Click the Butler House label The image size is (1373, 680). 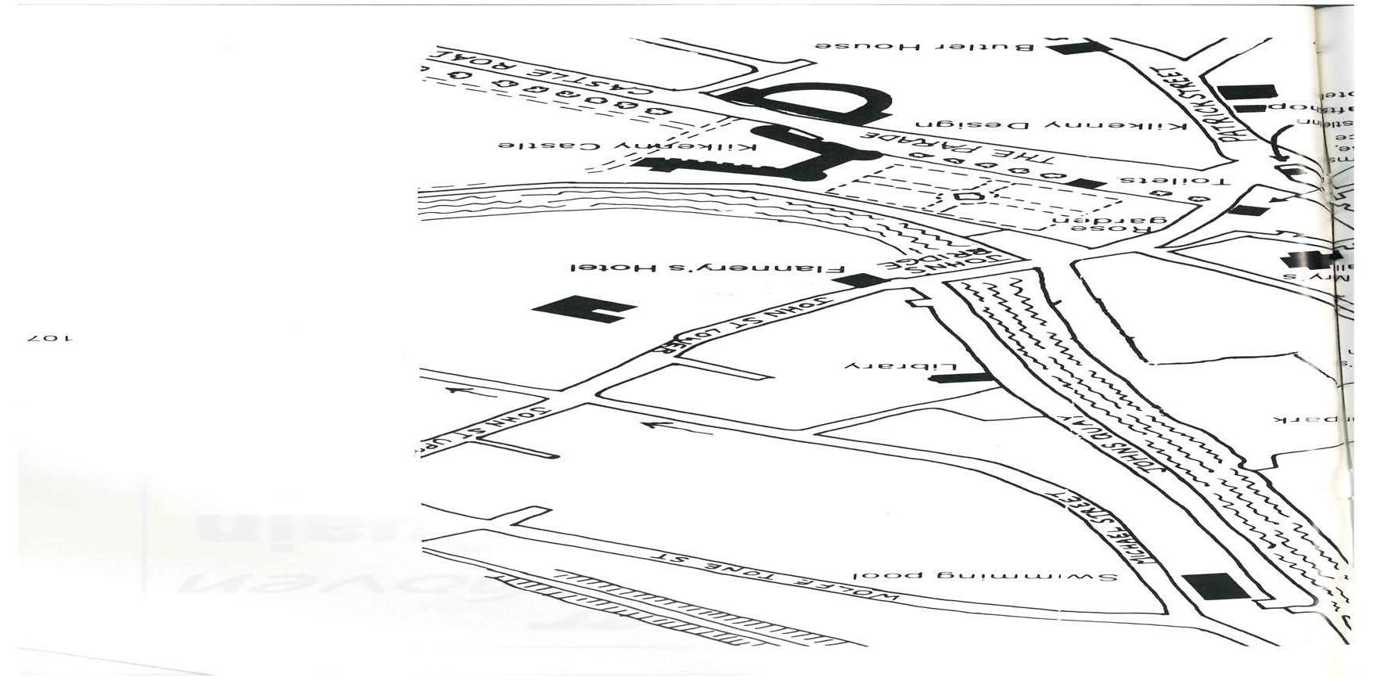[924, 46]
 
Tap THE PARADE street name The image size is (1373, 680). [962, 149]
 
